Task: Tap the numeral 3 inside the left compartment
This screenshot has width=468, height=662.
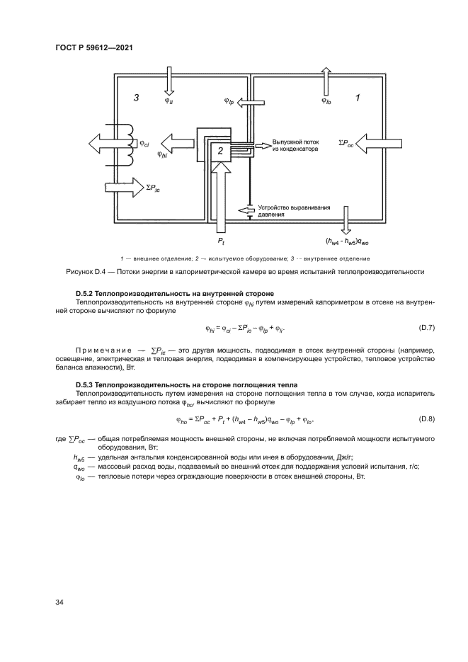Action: coord(135,98)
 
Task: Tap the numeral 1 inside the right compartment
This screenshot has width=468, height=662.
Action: coord(358,98)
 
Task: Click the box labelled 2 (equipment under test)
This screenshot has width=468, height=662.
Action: coord(220,151)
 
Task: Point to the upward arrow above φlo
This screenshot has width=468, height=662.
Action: coord(326,80)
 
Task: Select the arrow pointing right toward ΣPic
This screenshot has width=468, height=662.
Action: coord(122,188)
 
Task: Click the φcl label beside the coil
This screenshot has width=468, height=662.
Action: coord(144,142)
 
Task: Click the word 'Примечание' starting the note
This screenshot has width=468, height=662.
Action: coord(104,350)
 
